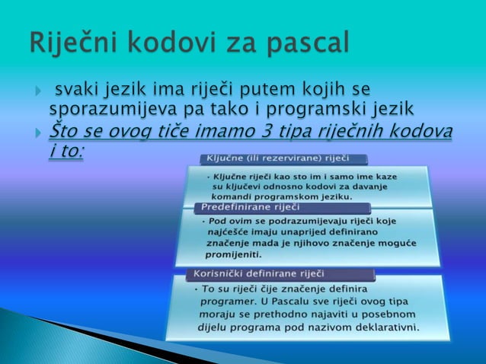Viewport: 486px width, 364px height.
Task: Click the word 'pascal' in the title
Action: (304, 43)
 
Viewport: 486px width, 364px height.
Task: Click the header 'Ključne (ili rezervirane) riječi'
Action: (275, 158)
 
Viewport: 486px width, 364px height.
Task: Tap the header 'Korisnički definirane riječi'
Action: (259, 273)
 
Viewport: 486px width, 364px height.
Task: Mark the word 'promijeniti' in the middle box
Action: (233, 254)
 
